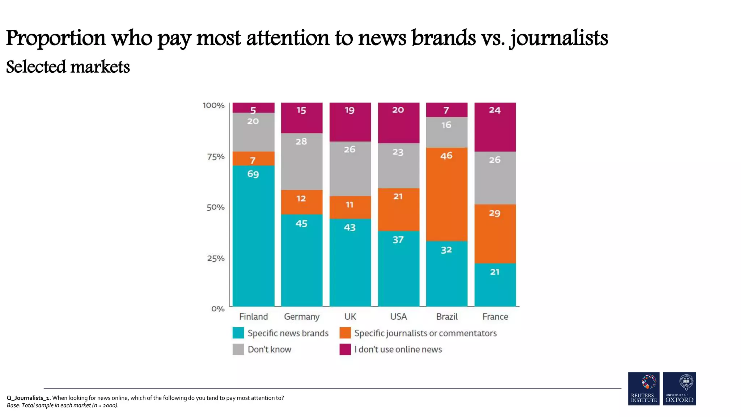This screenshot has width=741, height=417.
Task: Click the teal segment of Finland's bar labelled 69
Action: click(x=253, y=235)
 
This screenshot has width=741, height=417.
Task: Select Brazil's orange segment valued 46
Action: click(x=446, y=194)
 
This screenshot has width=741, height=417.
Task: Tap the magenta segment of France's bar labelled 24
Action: click(x=495, y=127)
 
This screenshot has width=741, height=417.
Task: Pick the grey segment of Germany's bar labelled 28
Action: click(x=301, y=161)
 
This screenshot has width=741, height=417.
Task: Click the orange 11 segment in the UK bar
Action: click(x=350, y=207)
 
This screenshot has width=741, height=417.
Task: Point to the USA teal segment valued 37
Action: click(x=398, y=268)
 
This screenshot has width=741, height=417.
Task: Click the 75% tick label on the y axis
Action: click(x=216, y=157)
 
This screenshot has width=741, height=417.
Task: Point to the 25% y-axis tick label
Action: click(x=216, y=258)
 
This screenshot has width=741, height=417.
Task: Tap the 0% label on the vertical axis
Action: click(x=218, y=309)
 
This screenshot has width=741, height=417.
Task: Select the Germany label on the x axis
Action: click(x=301, y=317)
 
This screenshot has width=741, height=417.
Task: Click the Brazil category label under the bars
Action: click(x=446, y=317)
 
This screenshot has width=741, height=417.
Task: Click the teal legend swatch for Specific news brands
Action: click(x=238, y=333)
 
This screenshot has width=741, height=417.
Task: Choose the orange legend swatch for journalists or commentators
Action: click(x=345, y=333)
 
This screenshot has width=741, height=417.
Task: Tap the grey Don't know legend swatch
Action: click(x=238, y=349)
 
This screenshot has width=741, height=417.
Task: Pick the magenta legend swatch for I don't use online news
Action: click(x=345, y=349)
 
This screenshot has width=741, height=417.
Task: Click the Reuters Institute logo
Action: click(x=643, y=388)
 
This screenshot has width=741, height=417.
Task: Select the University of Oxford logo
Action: click(x=679, y=388)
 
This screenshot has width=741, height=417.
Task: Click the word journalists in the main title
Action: click(x=559, y=38)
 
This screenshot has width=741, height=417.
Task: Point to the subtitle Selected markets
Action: click(x=68, y=67)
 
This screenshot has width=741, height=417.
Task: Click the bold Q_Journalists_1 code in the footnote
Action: click(x=29, y=398)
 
